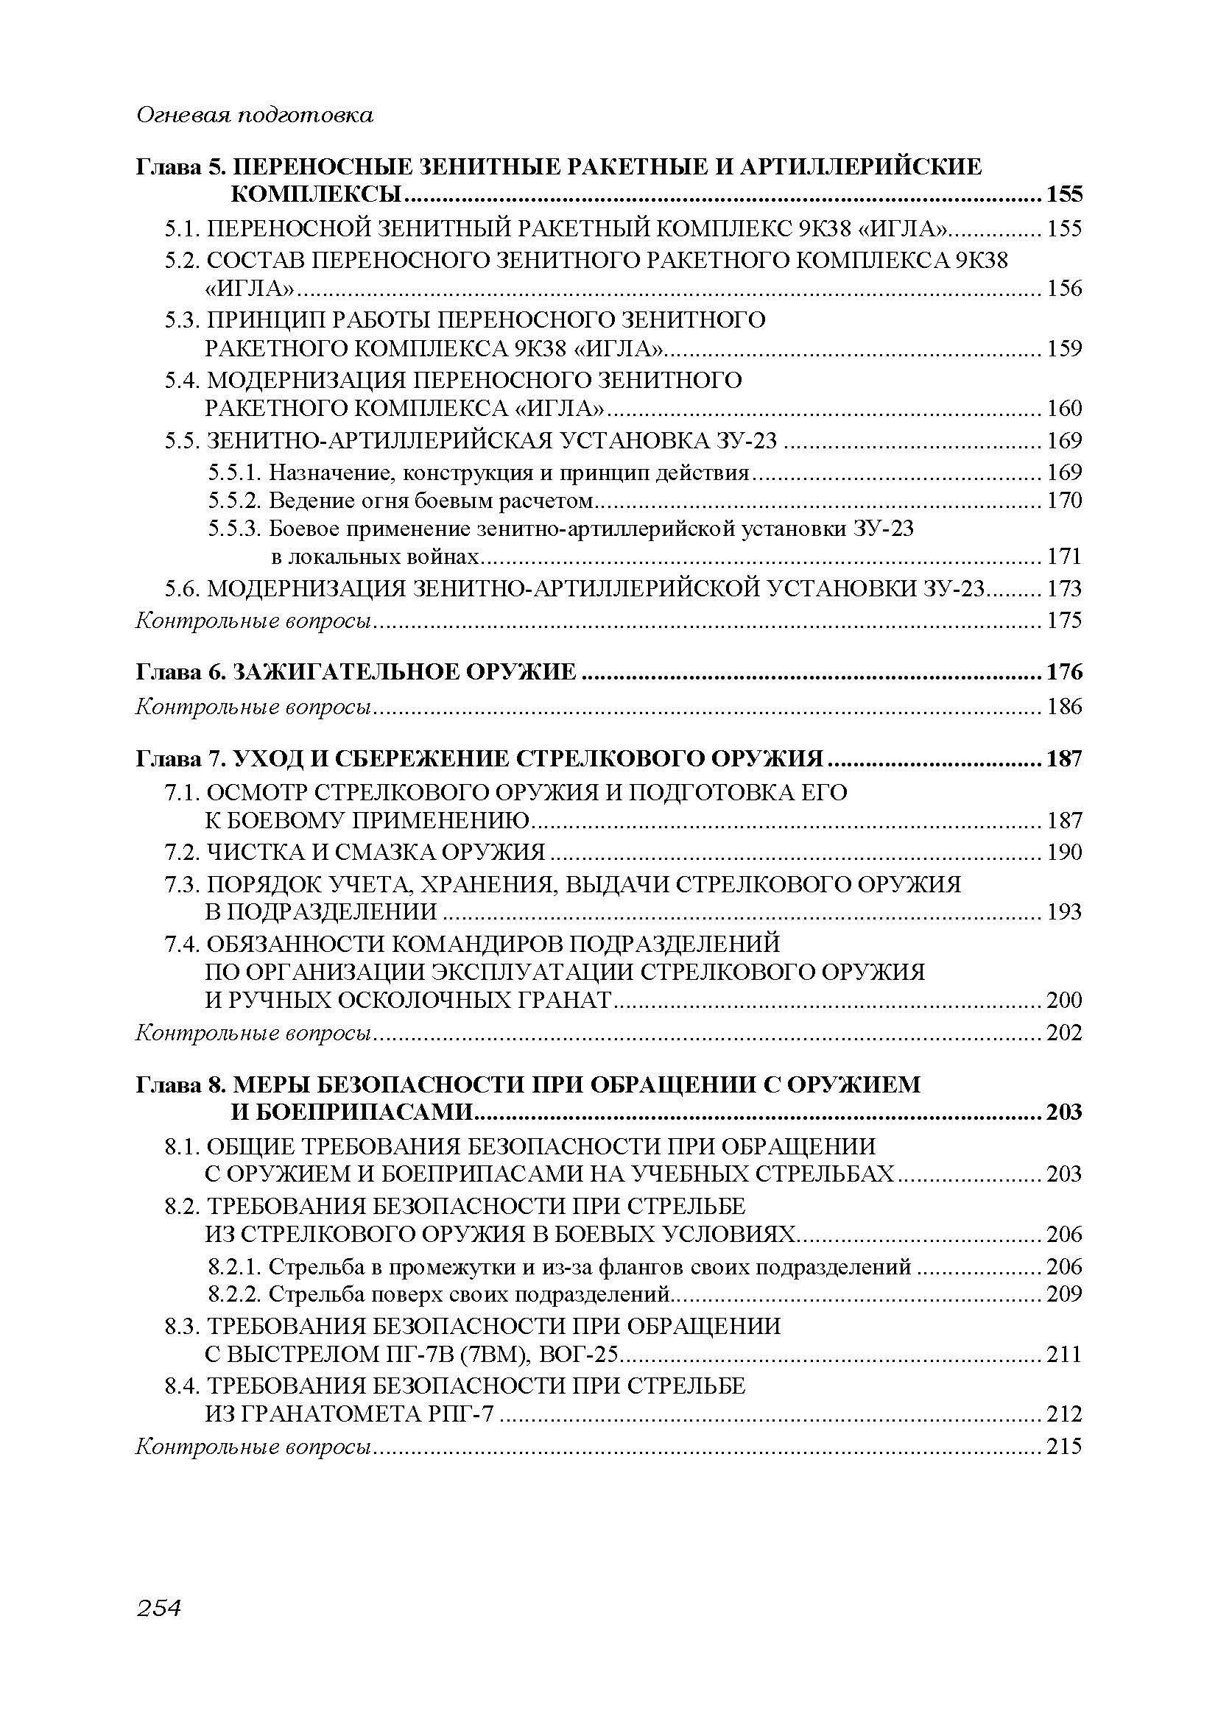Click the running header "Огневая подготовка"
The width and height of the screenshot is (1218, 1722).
point(254,116)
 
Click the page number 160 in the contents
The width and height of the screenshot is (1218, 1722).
point(1064,409)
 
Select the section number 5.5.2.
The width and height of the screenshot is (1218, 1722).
point(236,500)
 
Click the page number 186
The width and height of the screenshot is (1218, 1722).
point(1064,707)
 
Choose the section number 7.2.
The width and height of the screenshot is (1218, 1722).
point(183,852)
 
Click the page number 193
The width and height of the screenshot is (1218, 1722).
point(1064,912)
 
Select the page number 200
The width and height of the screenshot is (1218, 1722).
point(1064,1000)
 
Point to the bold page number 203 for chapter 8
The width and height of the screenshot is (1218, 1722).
point(1064,1112)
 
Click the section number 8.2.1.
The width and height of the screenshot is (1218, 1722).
point(236,1267)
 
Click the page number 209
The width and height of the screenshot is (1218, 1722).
point(1064,1294)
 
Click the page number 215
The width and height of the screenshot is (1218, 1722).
point(1064,1446)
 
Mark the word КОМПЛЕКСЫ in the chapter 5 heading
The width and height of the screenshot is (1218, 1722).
point(317,195)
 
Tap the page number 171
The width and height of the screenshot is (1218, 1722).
point(1064,557)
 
